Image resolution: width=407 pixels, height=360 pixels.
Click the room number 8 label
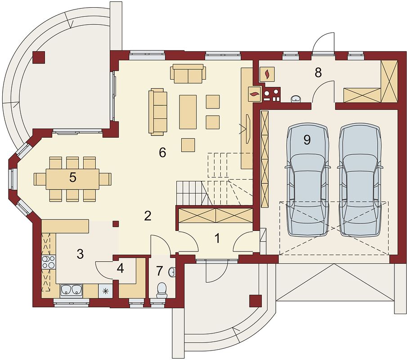coord(318,72)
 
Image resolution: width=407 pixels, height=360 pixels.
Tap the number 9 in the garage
coord(307,140)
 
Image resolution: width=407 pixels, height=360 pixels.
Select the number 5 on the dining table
coord(73,177)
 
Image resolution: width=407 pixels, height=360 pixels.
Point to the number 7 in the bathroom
coord(159,270)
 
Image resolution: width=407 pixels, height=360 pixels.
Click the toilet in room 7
coord(162,290)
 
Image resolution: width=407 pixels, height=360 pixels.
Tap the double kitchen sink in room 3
coord(71,291)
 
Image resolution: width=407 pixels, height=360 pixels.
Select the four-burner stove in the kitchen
coord(49,262)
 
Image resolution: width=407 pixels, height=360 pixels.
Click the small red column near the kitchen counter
coord(116,224)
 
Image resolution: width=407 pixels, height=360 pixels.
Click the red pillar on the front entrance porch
coord(256,301)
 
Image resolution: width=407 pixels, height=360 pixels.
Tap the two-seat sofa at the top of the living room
coord(188,74)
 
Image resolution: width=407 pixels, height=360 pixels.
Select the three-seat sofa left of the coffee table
coord(158,112)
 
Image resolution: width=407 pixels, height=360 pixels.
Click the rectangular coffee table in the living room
coord(188,112)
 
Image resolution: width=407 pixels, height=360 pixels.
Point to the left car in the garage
coord(308,179)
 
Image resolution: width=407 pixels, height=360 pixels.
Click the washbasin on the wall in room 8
coord(296,99)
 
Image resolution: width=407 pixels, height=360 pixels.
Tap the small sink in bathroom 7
coord(172,272)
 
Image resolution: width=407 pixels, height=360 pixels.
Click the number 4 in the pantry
coord(120,269)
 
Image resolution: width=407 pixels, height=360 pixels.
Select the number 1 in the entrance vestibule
coord(218,238)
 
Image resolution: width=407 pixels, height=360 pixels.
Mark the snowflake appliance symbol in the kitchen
coord(106,291)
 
